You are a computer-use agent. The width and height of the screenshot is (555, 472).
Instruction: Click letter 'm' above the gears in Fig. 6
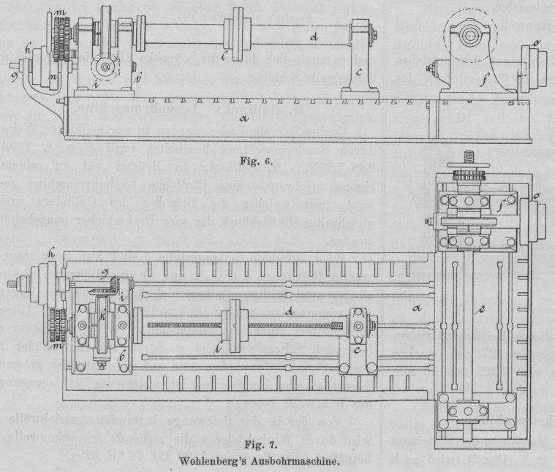[x=61, y=14]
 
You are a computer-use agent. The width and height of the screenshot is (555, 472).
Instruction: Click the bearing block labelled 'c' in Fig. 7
[x=356, y=321]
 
